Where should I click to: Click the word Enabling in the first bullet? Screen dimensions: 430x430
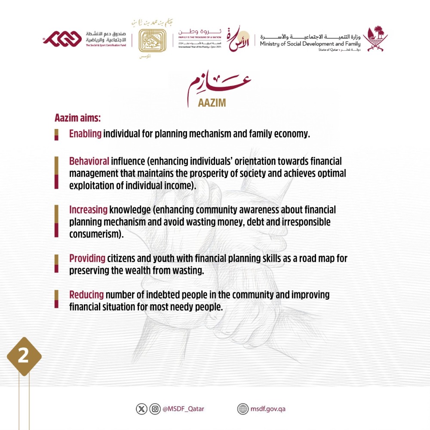point(85,134)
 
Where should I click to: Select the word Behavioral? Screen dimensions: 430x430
point(89,161)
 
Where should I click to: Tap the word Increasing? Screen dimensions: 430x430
point(88,210)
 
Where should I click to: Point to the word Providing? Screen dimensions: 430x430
point(87,259)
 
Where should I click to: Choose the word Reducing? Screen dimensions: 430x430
point(86,295)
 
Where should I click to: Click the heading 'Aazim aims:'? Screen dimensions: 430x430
point(77,117)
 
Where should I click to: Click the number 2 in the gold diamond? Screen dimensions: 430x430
point(23,357)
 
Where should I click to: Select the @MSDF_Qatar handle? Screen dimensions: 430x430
point(183,409)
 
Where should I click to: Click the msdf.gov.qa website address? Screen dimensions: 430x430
point(268,409)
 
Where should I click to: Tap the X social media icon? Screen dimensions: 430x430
point(141,409)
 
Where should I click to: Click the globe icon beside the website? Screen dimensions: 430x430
point(243,409)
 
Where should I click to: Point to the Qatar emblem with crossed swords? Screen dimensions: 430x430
point(375,39)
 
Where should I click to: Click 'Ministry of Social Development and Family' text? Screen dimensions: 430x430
point(310,43)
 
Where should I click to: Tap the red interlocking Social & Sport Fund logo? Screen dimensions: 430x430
point(64,39)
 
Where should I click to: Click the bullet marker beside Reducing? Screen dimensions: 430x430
point(56,299)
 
